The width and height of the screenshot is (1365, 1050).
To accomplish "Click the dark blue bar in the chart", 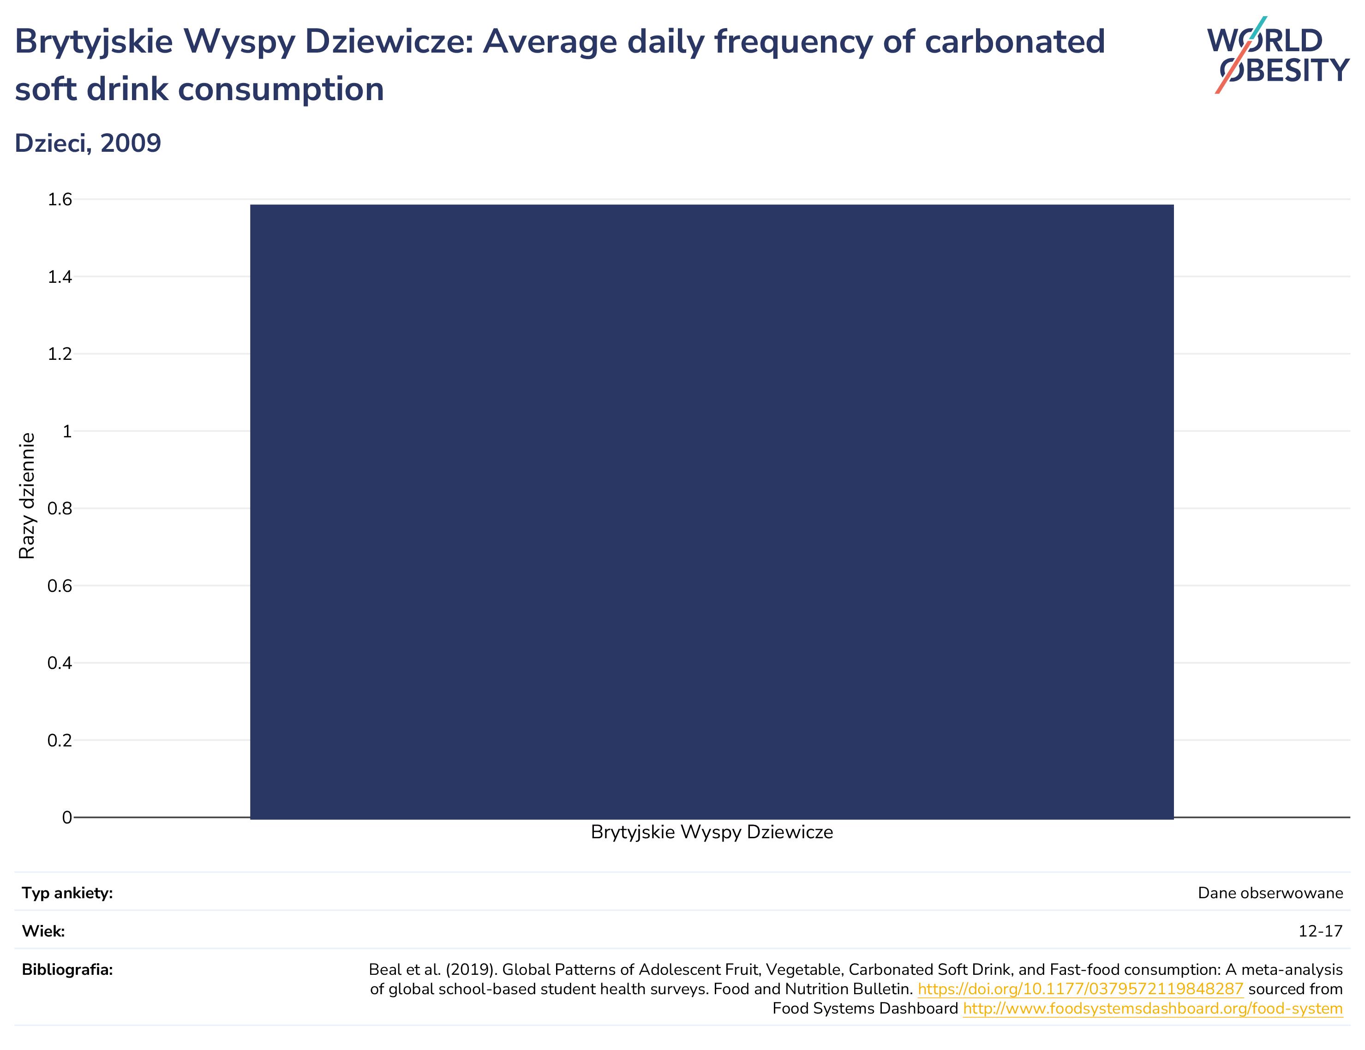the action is [712, 511].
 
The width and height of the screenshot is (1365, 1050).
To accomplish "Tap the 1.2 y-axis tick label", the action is [60, 354].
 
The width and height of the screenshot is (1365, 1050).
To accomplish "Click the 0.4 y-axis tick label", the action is [60, 662].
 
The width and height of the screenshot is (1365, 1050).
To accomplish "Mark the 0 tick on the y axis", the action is [67, 817].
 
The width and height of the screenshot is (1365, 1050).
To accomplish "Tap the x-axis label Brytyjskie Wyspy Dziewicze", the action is [712, 833].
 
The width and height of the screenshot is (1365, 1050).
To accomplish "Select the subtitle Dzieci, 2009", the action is [88, 143].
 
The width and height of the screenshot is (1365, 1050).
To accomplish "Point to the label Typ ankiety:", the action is [67, 893].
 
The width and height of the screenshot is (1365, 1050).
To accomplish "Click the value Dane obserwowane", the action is [1270, 893].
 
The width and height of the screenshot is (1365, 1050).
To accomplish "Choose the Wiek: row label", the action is [43, 931].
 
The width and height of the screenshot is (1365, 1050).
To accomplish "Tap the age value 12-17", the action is [1321, 931].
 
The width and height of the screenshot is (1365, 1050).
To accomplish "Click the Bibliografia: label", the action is [67, 970].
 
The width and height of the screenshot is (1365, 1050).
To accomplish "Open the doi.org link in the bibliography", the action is [1081, 990].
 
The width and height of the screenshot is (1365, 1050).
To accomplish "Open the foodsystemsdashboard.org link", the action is [1153, 1009].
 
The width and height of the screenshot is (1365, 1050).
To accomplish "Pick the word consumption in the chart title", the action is [281, 89].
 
